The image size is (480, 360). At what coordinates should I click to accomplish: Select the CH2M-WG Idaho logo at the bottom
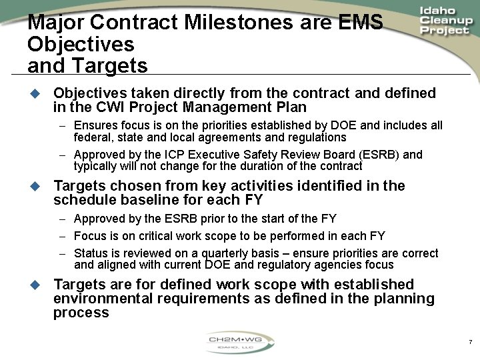[240, 344]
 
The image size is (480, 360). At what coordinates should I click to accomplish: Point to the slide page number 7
[471, 343]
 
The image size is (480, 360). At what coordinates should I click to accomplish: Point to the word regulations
[317, 137]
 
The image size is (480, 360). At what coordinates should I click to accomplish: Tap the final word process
[81, 313]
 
